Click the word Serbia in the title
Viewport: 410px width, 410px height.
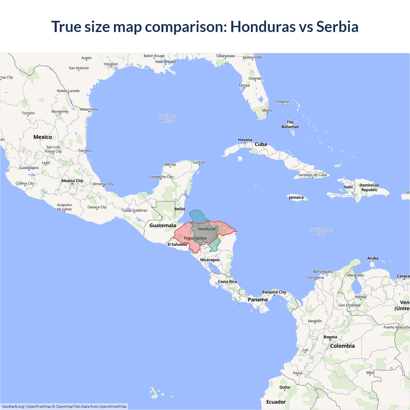coord(337,27)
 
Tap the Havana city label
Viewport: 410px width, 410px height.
coord(245,140)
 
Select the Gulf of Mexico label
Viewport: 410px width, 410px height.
coord(168,119)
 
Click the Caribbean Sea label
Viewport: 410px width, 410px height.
coord(321,232)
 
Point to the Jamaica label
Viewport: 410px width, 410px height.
coord(296,197)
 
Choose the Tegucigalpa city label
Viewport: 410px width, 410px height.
coord(195,238)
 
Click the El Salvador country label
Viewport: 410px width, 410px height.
coord(177,244)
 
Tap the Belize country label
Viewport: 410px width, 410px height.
coord(180,209)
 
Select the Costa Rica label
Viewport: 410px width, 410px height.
coord(227,282)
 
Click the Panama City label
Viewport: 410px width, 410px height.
coord(274,292)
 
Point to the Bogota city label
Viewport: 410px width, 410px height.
coord(330,337)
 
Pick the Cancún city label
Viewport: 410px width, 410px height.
coord(199,162)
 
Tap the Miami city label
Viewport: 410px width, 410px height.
coord(267,111)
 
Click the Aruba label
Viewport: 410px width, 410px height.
coord(373,258)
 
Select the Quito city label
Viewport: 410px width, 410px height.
coord(284,387)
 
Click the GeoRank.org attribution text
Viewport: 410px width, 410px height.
coord(13,406)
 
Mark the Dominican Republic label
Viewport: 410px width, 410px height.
coord(369,187)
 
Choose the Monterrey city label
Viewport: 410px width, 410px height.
coord(60,111)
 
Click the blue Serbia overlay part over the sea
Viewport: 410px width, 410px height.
coord(197,217)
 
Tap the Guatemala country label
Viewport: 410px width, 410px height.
coord(163,225)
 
